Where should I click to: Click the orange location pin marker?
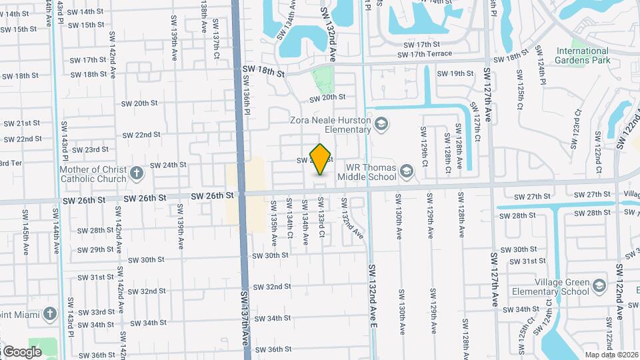pyautogui.click(x=321, y=159)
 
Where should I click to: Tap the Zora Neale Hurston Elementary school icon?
pyautogui.click(x=381, y=124)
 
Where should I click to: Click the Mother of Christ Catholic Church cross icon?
pyautogui.click(x=137, y=174)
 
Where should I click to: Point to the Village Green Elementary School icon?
pyautogui.click(x=600, y=286)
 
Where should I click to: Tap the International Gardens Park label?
pyautogui.click(x=583, y=55)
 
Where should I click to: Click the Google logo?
pyautogui.click(x=21, y=351)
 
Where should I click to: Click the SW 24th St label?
pyautogui.click(x=168, y=165)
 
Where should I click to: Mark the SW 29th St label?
pyautogui.click(x=96, y=250)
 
